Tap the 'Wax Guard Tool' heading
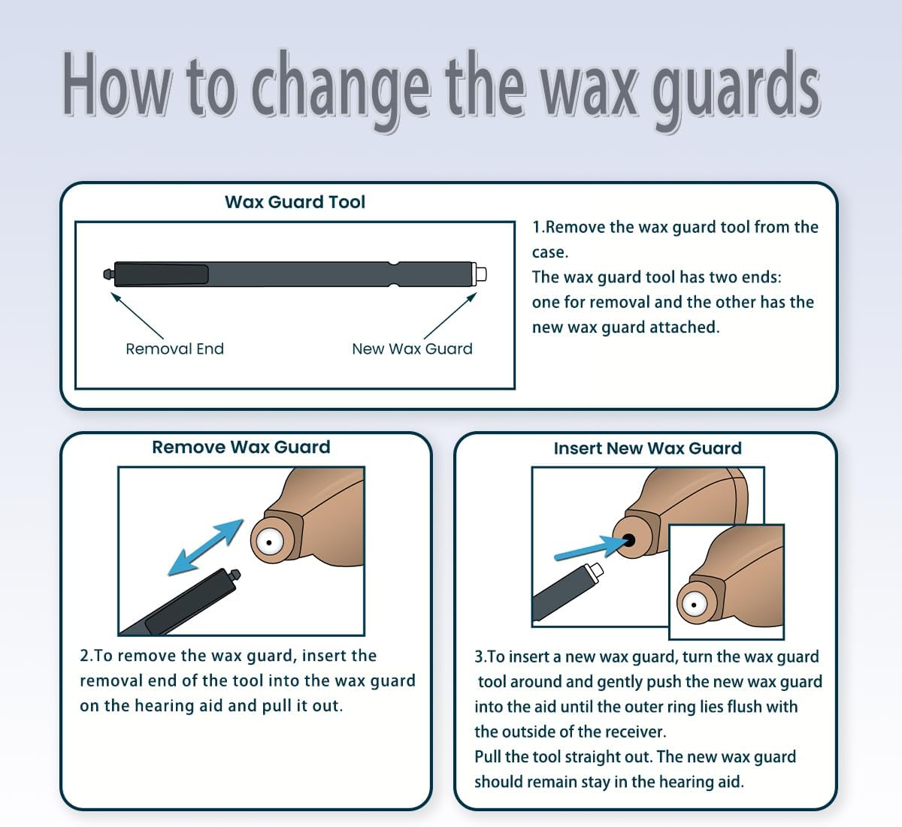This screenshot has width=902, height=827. pos(295,202)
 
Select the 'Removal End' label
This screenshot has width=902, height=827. pos(174,349)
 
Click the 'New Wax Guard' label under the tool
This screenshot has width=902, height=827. pos(412,349)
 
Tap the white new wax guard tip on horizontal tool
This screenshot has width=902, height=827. pos(481,273)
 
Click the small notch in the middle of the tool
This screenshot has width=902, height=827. pos(392,264)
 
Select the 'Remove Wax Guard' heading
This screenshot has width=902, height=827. pos(241,447)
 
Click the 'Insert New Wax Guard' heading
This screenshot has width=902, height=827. pos(647,448)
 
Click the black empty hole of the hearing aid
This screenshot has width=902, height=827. pos(628,539)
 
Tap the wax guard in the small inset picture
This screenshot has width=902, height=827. pos(694,605)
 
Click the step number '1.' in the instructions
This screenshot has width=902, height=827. pos(538,227)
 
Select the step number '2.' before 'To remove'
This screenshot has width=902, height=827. pos(86,656)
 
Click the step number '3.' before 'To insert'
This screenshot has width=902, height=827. pos(480,657)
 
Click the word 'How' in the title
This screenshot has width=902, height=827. pos(117,84)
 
